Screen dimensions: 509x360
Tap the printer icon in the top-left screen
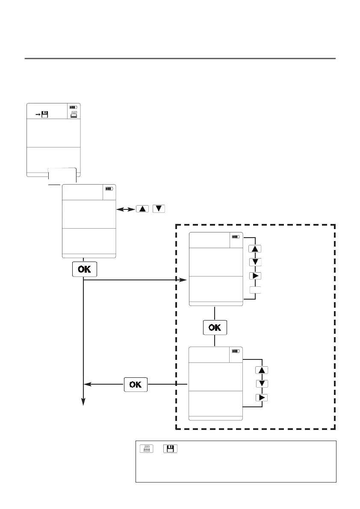74,114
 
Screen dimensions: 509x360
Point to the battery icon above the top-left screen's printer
74,107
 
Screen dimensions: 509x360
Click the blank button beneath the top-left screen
62,175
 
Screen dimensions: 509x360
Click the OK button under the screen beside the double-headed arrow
85,270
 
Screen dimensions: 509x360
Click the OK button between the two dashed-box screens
215,327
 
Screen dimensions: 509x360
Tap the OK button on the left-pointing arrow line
136,384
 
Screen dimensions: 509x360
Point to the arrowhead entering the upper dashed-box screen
183,280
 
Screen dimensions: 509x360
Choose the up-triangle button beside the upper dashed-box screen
254,249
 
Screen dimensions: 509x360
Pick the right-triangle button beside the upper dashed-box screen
254,275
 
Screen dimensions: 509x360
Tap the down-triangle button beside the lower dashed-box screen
261,383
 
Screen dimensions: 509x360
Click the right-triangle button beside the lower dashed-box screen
261,397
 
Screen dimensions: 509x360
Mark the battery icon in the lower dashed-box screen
236,351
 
